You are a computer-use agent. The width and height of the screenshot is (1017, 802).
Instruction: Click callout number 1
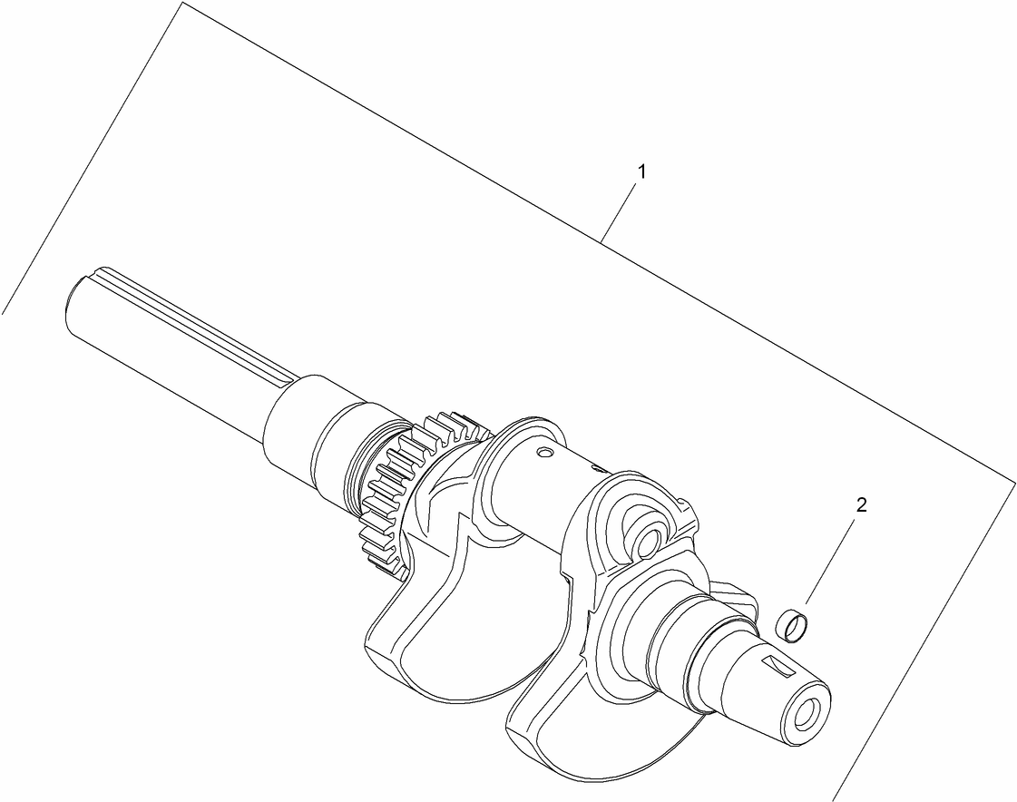(641, 171)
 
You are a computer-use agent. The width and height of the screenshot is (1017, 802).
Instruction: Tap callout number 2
(862, 505)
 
